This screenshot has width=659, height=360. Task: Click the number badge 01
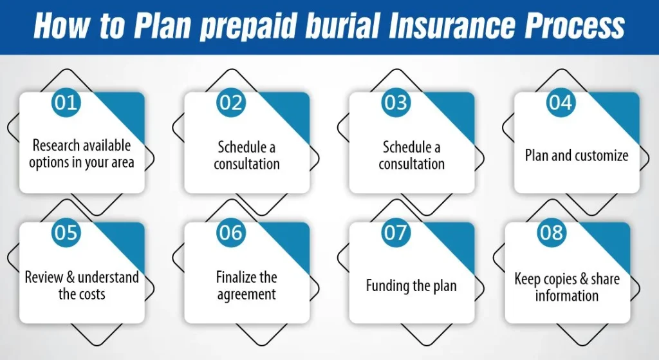[x=66, y=102]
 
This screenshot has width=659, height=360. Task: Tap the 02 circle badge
[x=231, y=102]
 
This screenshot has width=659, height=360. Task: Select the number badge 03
[x=396, y=102]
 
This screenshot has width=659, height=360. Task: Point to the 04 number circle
[x=561, y=102]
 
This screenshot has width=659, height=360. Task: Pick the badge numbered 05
[x=66, y=232]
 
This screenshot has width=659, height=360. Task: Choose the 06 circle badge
[x=231, y=232]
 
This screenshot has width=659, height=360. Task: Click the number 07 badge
[x=396, y=232]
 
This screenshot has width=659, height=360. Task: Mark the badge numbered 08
[x=552, y=232]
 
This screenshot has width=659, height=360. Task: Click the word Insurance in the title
[x=451, y=25]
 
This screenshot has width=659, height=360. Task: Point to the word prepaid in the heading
[x=248, y=26]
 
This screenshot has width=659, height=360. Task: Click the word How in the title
[x=62, y=25]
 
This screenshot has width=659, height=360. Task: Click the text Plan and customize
[x=576, y=155]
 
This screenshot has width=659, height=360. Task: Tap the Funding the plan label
[x=411, y=285]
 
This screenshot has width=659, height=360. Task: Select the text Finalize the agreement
[x=246, y=285]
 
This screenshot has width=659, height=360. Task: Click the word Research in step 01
[x=55, y=145]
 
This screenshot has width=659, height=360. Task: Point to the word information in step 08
[x=566, y=295]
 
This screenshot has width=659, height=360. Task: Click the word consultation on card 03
[x=411, y=164]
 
